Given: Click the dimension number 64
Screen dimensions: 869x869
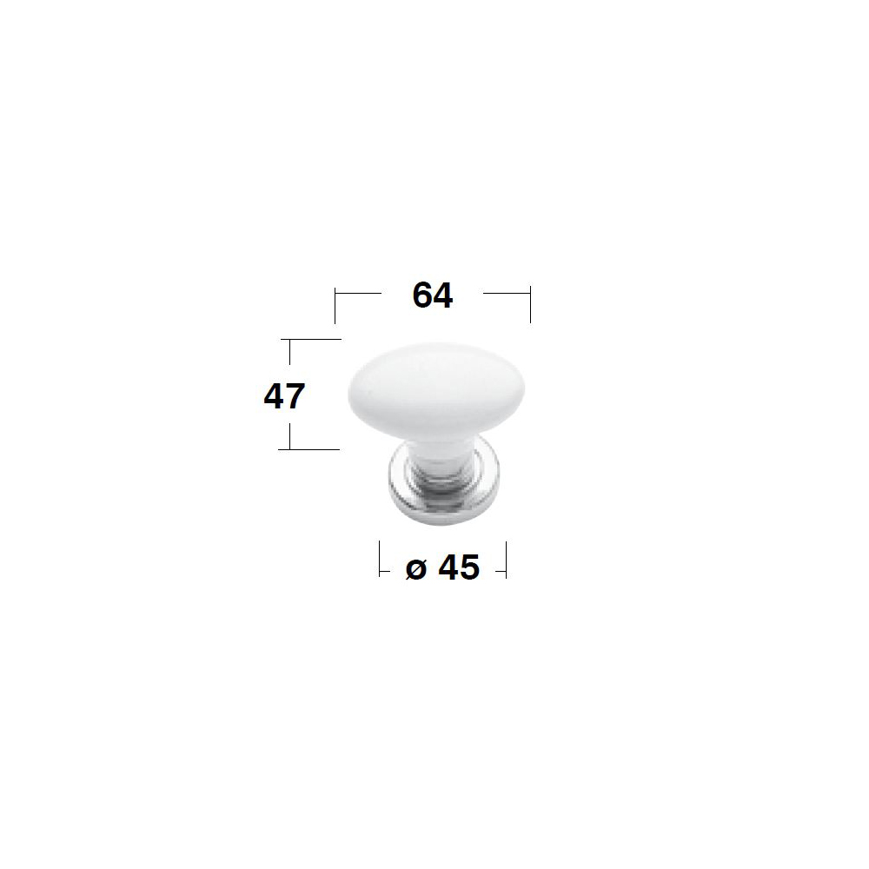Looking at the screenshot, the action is pyautogui.click(x=432, y=295).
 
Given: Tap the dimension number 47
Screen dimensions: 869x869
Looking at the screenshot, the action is pyautogui.click(x=284, y=396).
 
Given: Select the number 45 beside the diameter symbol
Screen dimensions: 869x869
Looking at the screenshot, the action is pyautogui.click(x=459, y=567).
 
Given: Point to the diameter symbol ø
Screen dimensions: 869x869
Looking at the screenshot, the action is pyautogui.click(x=416, y=568).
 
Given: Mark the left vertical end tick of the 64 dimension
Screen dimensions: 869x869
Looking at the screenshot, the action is pyautogui.click(x=335, y=305).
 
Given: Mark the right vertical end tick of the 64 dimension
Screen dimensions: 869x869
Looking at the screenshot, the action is pyautogui.click(x=530, y=304).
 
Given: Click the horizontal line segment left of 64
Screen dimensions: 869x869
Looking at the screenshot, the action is pyautogui.click(x=358, y=293).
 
